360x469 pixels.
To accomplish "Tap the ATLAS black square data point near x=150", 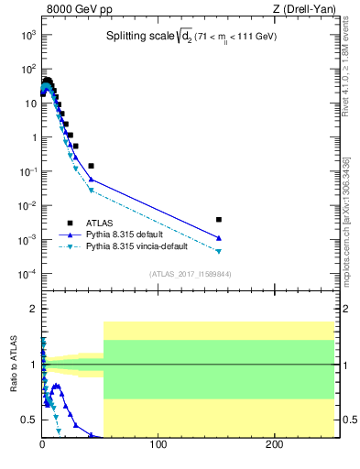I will (x=218, y=220).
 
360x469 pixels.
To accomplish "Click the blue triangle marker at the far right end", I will (x=218, y=238).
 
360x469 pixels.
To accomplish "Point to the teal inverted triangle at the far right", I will (x=218, y=251).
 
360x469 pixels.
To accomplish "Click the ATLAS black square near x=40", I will (x=91, y=166).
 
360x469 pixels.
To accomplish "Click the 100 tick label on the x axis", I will (x=158, y=445).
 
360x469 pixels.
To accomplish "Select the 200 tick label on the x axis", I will (x=274, y=445).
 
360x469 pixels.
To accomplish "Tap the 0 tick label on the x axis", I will (x=42, y=445).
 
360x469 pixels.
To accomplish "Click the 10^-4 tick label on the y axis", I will (x=27, y=274).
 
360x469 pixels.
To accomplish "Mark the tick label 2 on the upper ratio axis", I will (x=32, y=309).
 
